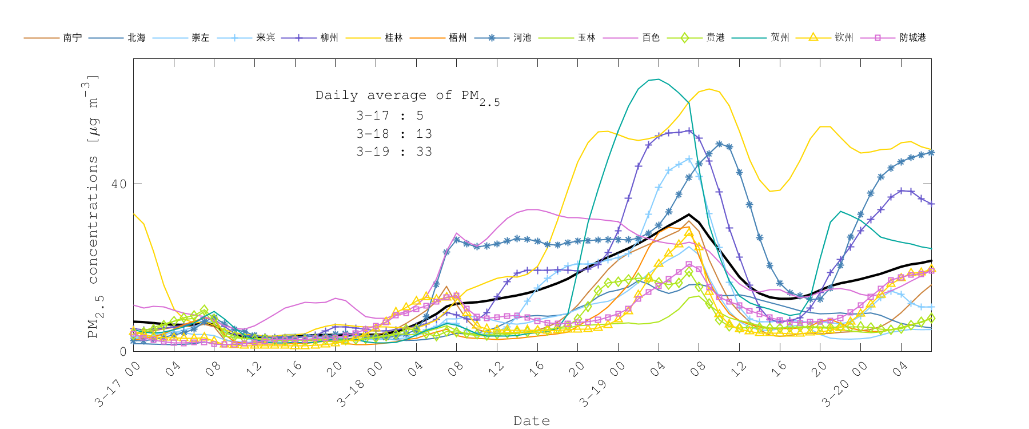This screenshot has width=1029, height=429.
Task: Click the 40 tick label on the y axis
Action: click(119, 184)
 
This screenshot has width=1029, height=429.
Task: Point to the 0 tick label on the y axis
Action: click(123, 351)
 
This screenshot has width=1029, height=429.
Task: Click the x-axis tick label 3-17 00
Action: click(118, 384)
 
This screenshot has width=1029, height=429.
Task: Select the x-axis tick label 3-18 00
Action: click(360, 384)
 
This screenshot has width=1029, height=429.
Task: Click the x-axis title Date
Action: click(532, 421)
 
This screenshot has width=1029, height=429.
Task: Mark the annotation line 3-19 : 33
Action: click(394, 152)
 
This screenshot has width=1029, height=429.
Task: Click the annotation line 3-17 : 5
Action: click(389, 116)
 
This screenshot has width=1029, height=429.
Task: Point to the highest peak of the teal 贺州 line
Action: click(659, 79)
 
